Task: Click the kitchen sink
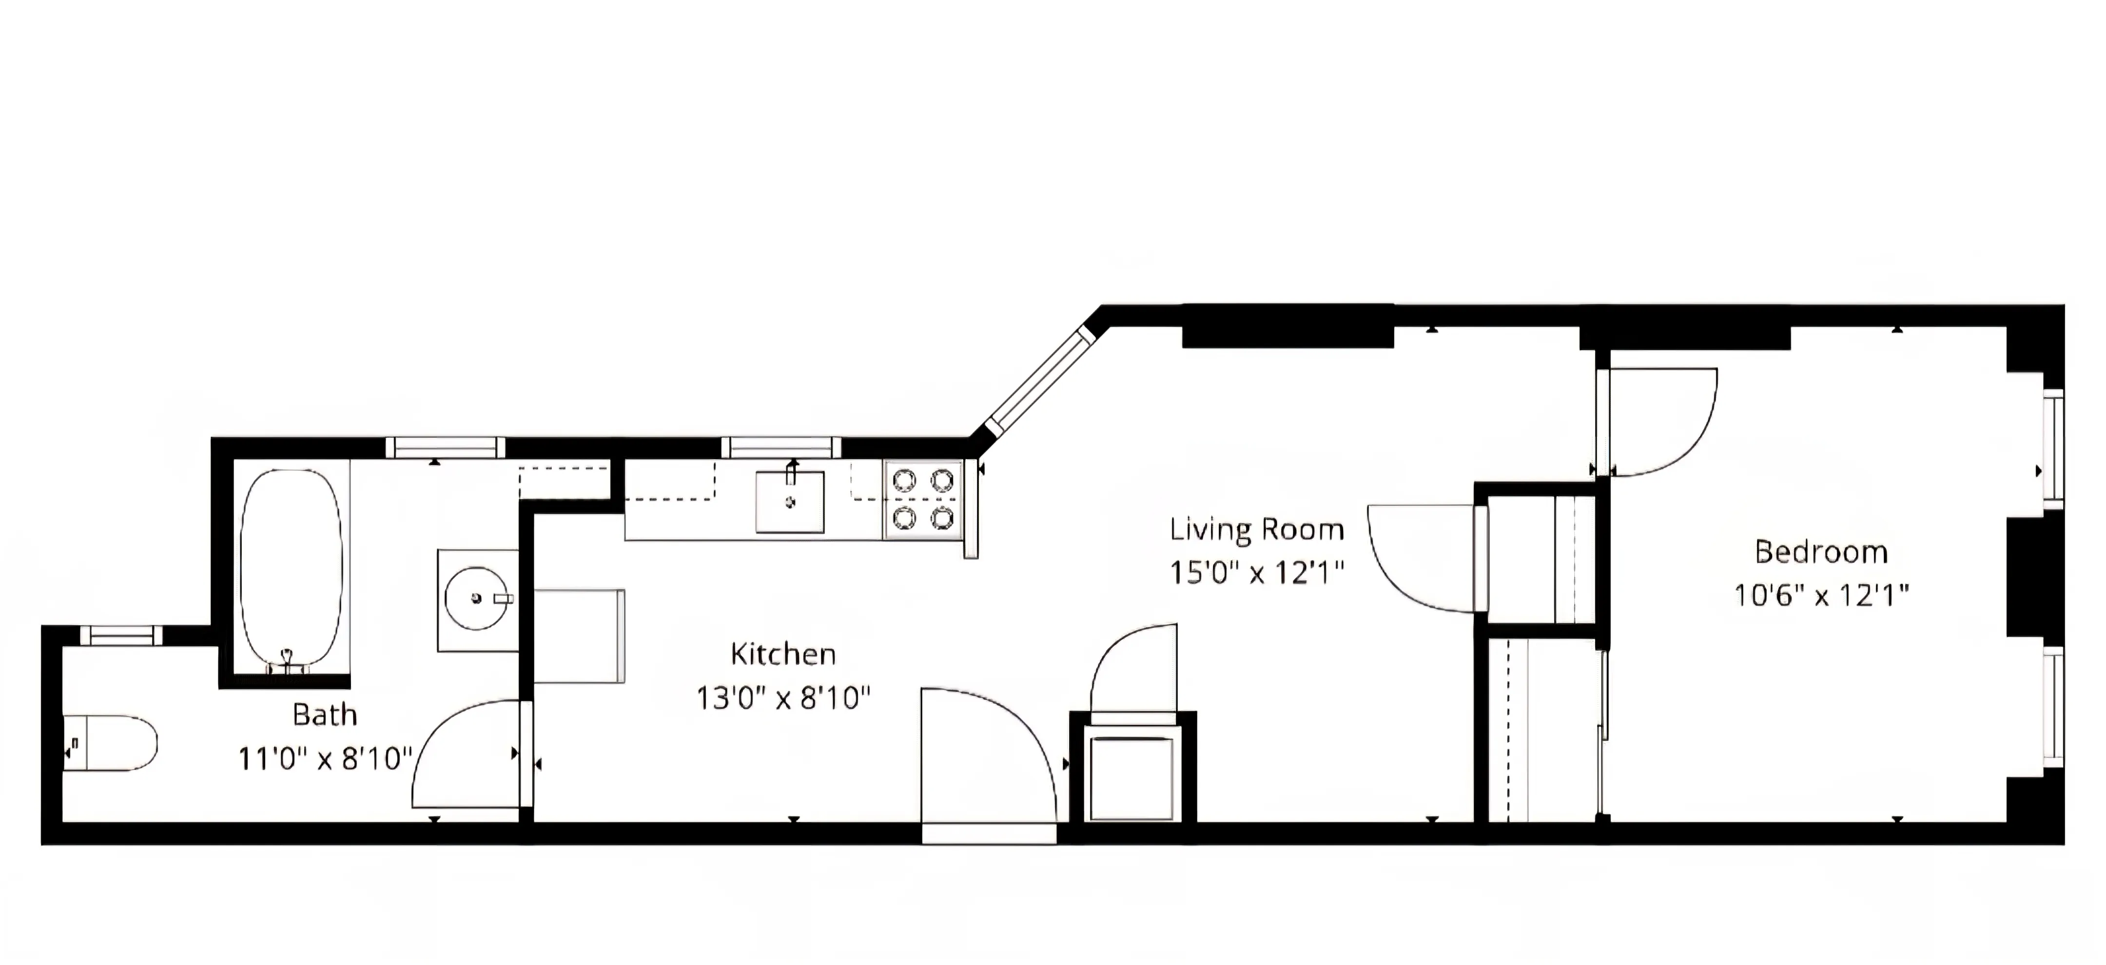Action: [789, 502]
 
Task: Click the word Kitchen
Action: [782, 655]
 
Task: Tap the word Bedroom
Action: [1821, 552]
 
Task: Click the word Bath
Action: [325, 715]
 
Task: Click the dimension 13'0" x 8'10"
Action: [782, 698]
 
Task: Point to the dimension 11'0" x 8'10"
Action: [325, 759]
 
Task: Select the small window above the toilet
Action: [121, 635]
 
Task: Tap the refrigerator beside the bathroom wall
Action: [579, 636]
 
